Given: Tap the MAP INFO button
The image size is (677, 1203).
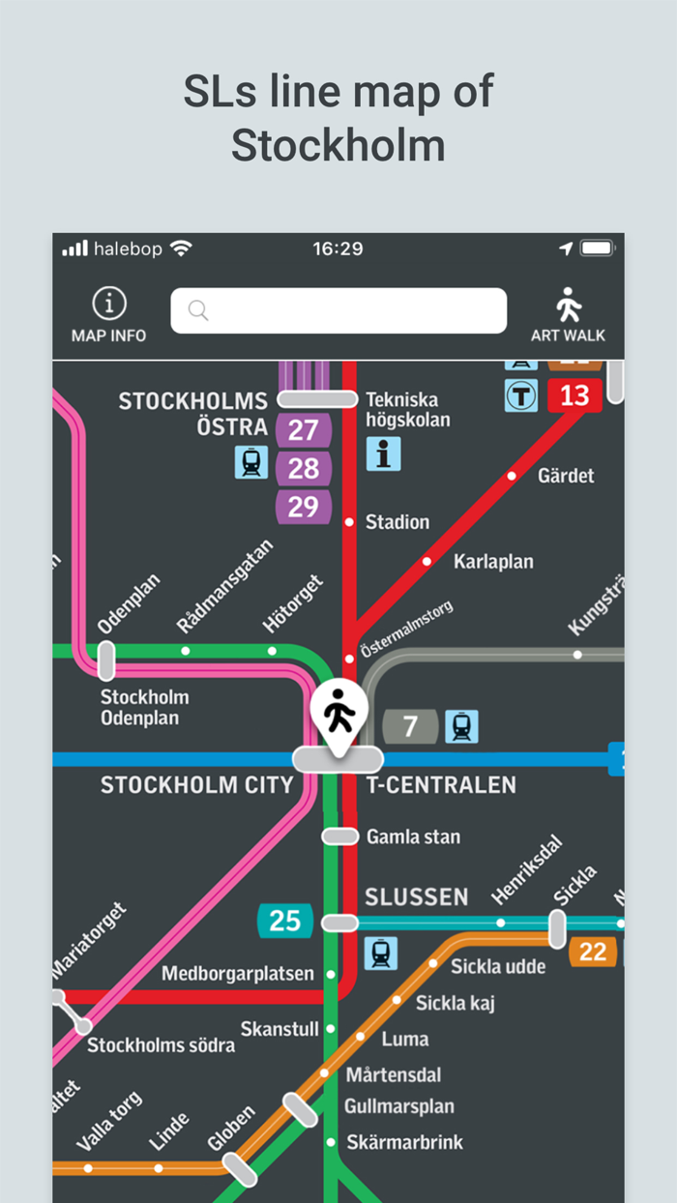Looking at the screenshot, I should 108,315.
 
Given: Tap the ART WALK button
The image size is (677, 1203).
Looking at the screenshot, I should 568,315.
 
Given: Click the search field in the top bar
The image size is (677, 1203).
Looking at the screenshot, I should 338,310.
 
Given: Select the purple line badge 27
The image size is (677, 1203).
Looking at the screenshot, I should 303,429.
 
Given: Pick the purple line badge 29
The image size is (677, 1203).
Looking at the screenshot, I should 303,507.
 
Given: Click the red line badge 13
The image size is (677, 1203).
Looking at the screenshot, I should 574,395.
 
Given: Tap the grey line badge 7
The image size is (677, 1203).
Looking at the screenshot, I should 410,726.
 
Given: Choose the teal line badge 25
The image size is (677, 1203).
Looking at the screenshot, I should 284,920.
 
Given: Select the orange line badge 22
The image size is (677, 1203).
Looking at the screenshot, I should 592,952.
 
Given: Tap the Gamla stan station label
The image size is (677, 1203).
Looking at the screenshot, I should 413,836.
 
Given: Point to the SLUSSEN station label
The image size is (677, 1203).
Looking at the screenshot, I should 416,896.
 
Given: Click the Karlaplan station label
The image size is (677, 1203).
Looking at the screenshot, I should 493,562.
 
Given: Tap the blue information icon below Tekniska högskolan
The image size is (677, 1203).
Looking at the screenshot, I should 383,454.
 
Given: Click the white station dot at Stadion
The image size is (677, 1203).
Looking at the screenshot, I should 349,522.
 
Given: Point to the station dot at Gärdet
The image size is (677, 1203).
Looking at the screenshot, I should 513,476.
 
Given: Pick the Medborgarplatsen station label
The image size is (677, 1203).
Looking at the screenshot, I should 238,974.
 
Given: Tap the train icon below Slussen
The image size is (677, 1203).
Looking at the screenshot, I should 380,954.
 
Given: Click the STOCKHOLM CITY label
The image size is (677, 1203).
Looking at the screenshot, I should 196,784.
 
